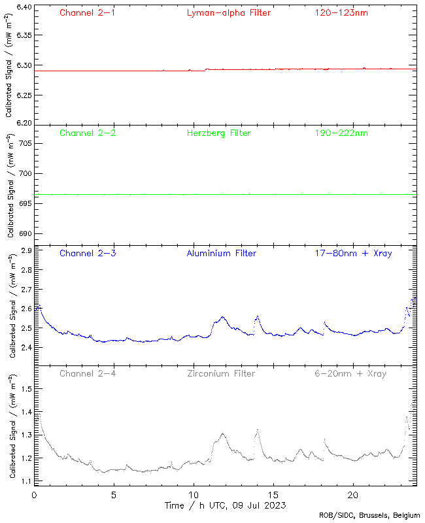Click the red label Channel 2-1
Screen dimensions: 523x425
coord(88,12)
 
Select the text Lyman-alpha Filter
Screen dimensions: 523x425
coord(228,12)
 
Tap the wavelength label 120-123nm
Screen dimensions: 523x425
coord(341,12)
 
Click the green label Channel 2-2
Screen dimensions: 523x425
coord(88,133)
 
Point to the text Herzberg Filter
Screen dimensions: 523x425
coord(218,133)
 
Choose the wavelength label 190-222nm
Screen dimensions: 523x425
coord(341,133)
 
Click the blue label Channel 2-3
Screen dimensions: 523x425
coord(88,253)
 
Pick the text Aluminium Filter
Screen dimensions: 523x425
coord(221,253)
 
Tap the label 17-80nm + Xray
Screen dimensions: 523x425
coord(353,253)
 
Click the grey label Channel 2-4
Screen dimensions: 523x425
coord(88,373)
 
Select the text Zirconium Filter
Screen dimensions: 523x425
coord(221,373)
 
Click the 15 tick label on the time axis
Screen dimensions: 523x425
coord(273,495)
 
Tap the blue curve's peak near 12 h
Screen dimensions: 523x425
coord(223,317)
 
